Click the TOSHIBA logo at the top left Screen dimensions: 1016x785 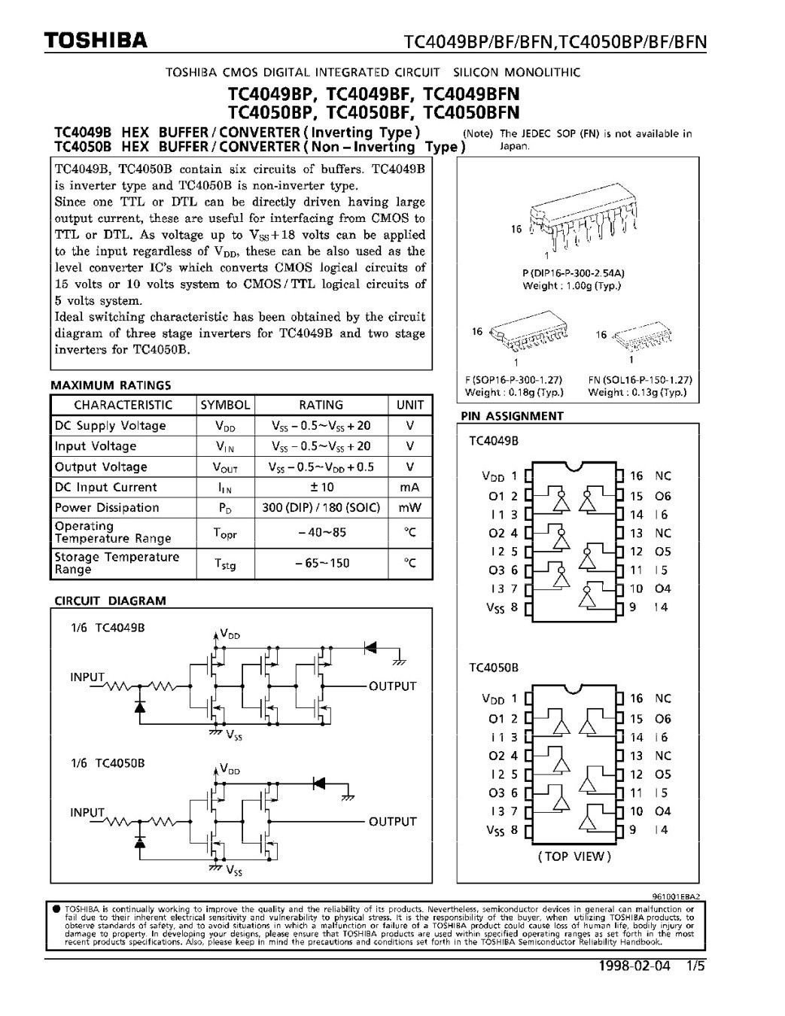[x=95, y=41]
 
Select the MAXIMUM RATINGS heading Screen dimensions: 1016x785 [x=111, y=385]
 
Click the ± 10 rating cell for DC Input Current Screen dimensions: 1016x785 [x=321, y=488]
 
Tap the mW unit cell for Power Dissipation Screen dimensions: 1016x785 [x=410, y=508]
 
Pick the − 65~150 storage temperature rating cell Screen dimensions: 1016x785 [x=321, y=563]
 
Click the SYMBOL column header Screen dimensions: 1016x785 [x=225, y=405]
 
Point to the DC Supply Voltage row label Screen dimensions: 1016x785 [x=110, y=426]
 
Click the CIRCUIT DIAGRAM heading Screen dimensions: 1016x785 [x=110, y=601]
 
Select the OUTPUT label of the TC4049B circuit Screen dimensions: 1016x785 [x=392, y=686]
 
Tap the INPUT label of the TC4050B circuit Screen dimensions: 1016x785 [x=87, y=813]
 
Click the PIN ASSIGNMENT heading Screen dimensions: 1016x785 [x=512, y=415]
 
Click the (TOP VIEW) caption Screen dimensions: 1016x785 [x=574, y=856]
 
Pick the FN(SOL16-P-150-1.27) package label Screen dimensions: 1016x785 [x=640, y=381]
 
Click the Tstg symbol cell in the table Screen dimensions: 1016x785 [x=225, y=564]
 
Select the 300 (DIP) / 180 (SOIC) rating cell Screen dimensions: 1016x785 [x=321, y=508]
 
